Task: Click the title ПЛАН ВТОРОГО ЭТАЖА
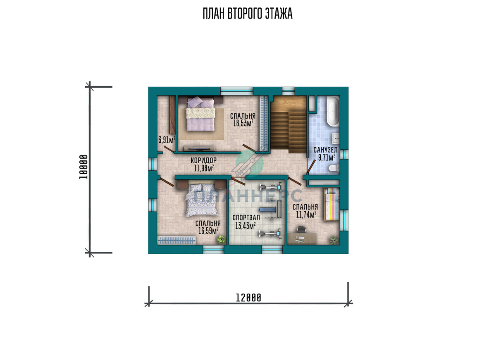pos(248,14)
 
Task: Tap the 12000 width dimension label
pos(248,298)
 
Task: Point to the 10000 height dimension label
pos(83,167)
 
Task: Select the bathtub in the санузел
pos(333,111)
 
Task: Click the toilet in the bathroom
pos(334,168)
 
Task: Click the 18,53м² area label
pos(243,123)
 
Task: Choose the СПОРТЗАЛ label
pos(246,218)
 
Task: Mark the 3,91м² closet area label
pos(167,140)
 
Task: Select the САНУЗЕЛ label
pos(326,150)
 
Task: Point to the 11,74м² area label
pos(306,215)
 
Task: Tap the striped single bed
pos(331,204)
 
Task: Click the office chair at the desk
pos(301,230)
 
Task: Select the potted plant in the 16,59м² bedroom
pos(221,240)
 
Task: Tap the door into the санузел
pos(311,166)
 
